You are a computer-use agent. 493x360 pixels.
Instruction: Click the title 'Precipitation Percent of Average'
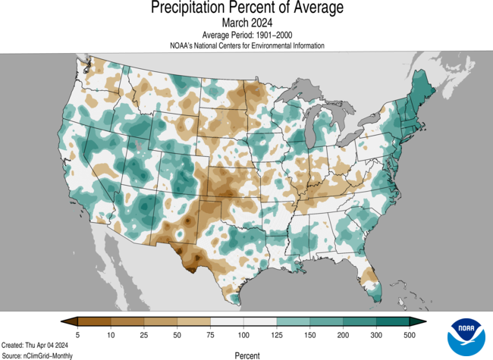(246, 8)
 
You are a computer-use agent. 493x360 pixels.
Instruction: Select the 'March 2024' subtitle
(246, 23)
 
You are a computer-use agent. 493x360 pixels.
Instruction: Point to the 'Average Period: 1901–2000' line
(246, 35)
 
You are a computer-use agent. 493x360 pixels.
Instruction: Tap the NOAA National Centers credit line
(246, 45)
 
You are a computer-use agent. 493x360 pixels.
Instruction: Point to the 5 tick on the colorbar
(78, 334)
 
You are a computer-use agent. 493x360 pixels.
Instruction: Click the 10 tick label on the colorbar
(111, 334)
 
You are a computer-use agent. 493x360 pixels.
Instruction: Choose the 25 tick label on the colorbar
(144, 334)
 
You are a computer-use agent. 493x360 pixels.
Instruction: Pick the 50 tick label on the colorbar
(177, 334)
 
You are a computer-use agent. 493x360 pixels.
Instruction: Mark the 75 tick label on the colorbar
(210, 334)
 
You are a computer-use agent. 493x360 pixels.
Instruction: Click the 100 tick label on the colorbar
(243, 334)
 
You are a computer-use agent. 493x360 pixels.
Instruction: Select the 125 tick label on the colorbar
(276, 334)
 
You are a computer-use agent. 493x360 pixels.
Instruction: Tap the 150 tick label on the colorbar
(309, 334)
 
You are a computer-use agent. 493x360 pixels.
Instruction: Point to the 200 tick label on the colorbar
(342, 334)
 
